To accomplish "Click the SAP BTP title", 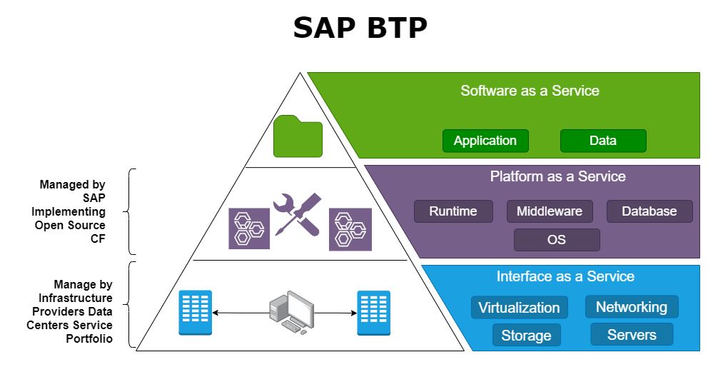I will click(x=360, y=29).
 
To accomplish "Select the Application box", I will click(x=485, y=141).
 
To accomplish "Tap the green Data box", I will click(x=603, y=141).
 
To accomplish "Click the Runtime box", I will click(x=453, y=211).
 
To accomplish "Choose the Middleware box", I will click(x=550, y=211).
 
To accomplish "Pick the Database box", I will click(x=649, y=211).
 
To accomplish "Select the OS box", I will click(x=557, y=240).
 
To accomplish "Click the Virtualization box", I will click(x=519, y=308).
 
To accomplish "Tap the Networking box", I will click(x=632, y=307).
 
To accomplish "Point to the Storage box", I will click(x=526, y=335).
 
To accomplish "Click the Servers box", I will click(x=632, y=334).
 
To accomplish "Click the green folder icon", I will click(x=298, y=136).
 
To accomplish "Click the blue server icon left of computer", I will click(x=195, y=313).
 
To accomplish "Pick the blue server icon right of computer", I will click(x=373, y=313).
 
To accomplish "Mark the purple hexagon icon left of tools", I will click(x=249, y=228).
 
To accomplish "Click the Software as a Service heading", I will click(x=530, y=91).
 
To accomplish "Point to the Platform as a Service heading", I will click(x=557, y=176).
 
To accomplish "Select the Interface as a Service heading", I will click(x=565, y=276).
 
